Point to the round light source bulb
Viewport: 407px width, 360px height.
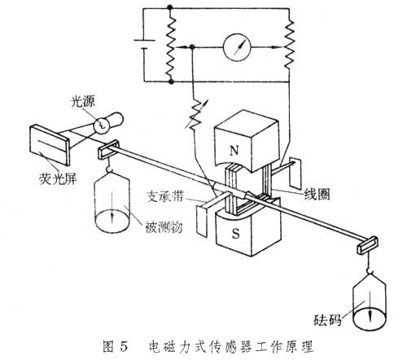103,125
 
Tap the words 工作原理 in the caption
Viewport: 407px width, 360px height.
276,345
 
